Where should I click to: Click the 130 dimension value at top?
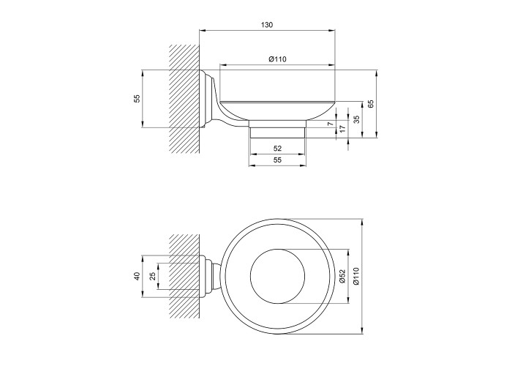click(x=267, y=25)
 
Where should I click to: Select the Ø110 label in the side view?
click(x=277, y=59)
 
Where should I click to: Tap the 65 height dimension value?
click(x=371, y=104)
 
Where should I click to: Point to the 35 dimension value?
click(x=356, y=119)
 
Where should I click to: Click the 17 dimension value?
click(x=342, y=129)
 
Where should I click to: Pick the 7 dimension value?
click(x=330, y=124)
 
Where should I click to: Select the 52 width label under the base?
click(x=277, y=149)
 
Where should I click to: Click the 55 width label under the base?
click(x=277, y=160)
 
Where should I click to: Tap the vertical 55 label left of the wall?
click(x=138, y=98)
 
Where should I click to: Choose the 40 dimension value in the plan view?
click(x=138, y=276)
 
